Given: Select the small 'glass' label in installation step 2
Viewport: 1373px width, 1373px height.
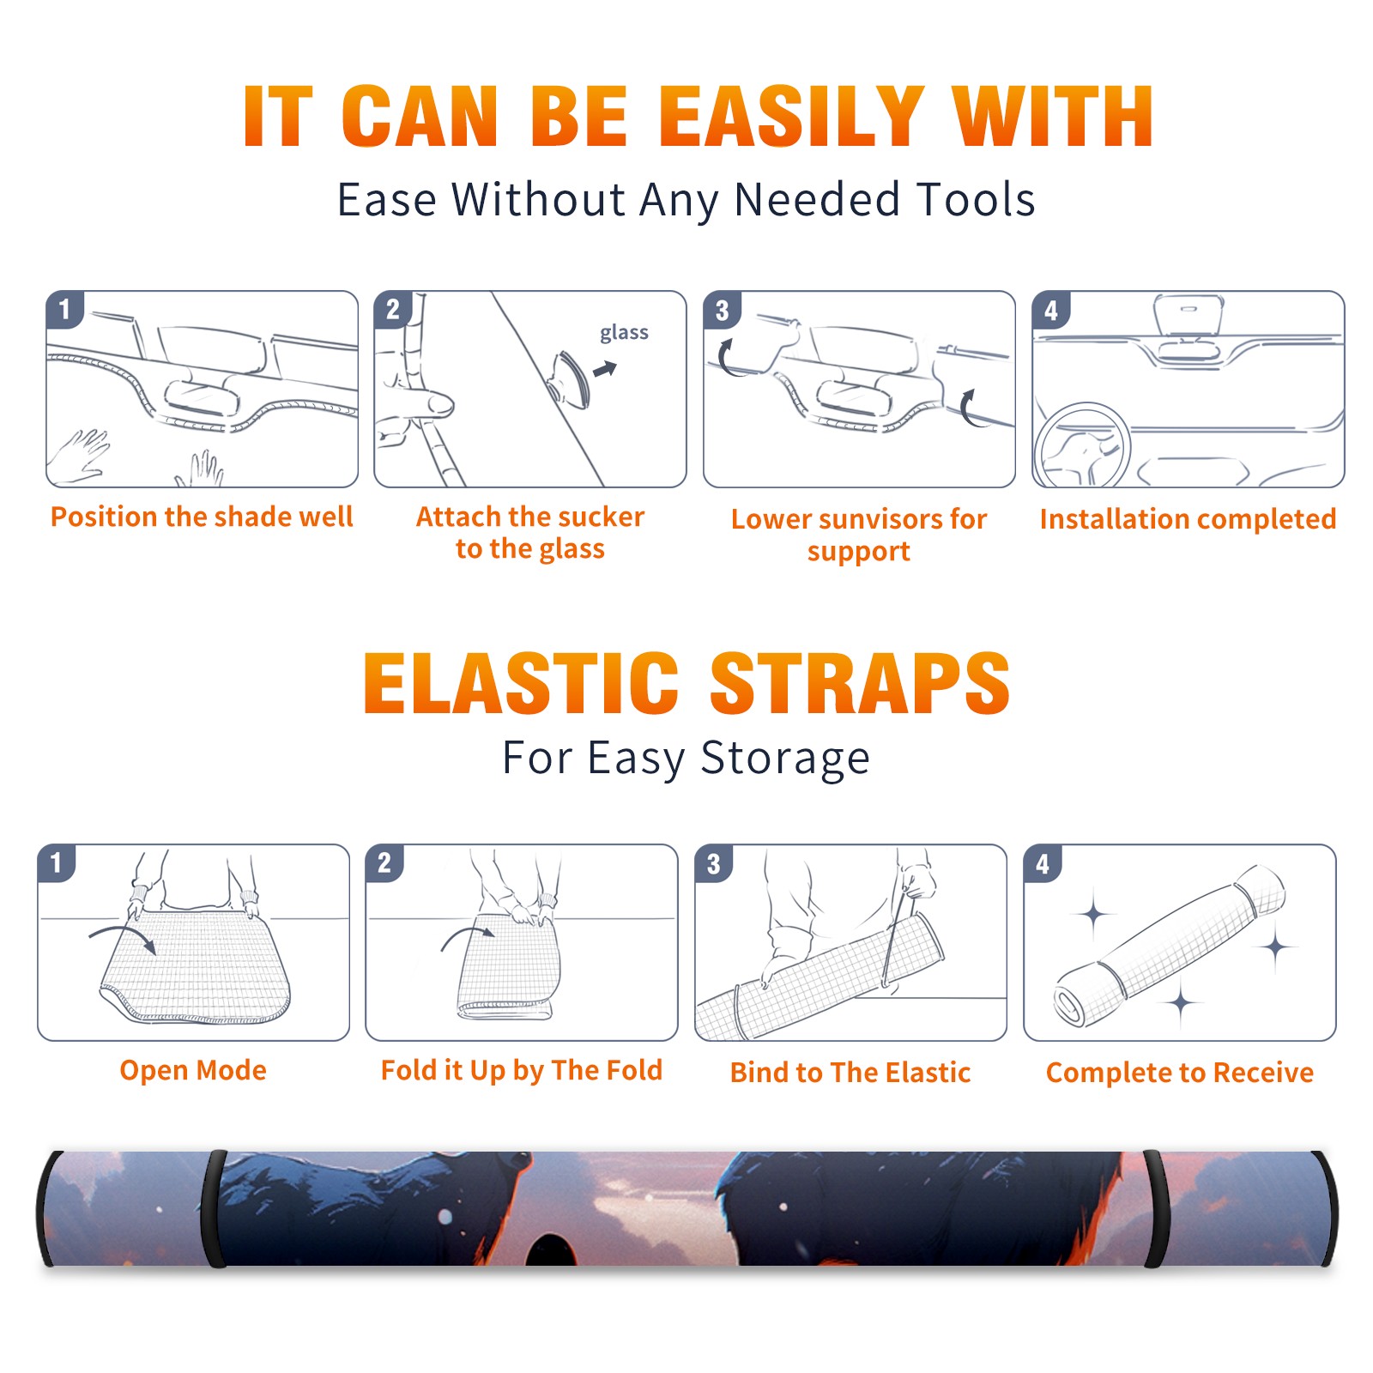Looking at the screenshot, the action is [624, 333].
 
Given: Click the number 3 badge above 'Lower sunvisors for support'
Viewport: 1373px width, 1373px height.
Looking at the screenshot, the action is [722, 311].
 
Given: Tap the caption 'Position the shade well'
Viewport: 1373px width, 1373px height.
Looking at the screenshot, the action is [202, 517].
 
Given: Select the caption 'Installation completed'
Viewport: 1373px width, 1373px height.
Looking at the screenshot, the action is [1188, 519].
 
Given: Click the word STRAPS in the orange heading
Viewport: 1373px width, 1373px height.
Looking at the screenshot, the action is [860, 683].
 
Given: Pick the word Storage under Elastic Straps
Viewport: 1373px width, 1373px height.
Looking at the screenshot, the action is [785, 759].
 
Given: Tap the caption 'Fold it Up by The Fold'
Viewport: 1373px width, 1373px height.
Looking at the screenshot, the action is [522, 1070].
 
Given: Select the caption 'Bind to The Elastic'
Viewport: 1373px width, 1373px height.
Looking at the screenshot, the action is [850, 1073].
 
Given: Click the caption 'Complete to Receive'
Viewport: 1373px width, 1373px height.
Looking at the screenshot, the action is [1180, 1073].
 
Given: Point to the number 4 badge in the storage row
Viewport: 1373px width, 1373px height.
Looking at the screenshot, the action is [1043, 863].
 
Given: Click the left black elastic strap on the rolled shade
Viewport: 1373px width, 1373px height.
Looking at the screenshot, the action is [214, 1208].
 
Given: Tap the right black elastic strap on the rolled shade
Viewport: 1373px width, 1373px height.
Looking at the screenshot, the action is [1155, 1208].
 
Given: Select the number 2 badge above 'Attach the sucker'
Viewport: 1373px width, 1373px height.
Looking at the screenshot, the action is [393, 310].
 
